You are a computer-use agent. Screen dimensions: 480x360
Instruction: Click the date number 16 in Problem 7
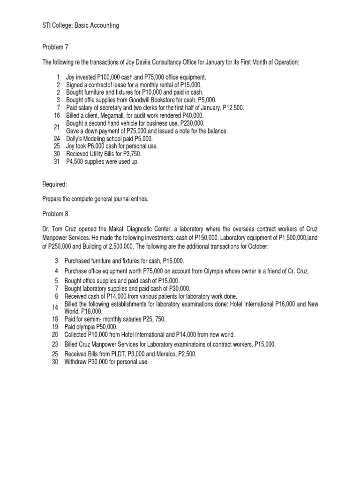pos(57,115)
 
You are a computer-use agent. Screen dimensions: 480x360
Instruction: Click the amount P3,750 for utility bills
pos(130,154)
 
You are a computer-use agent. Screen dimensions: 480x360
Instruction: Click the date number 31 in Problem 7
pos(57,162)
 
